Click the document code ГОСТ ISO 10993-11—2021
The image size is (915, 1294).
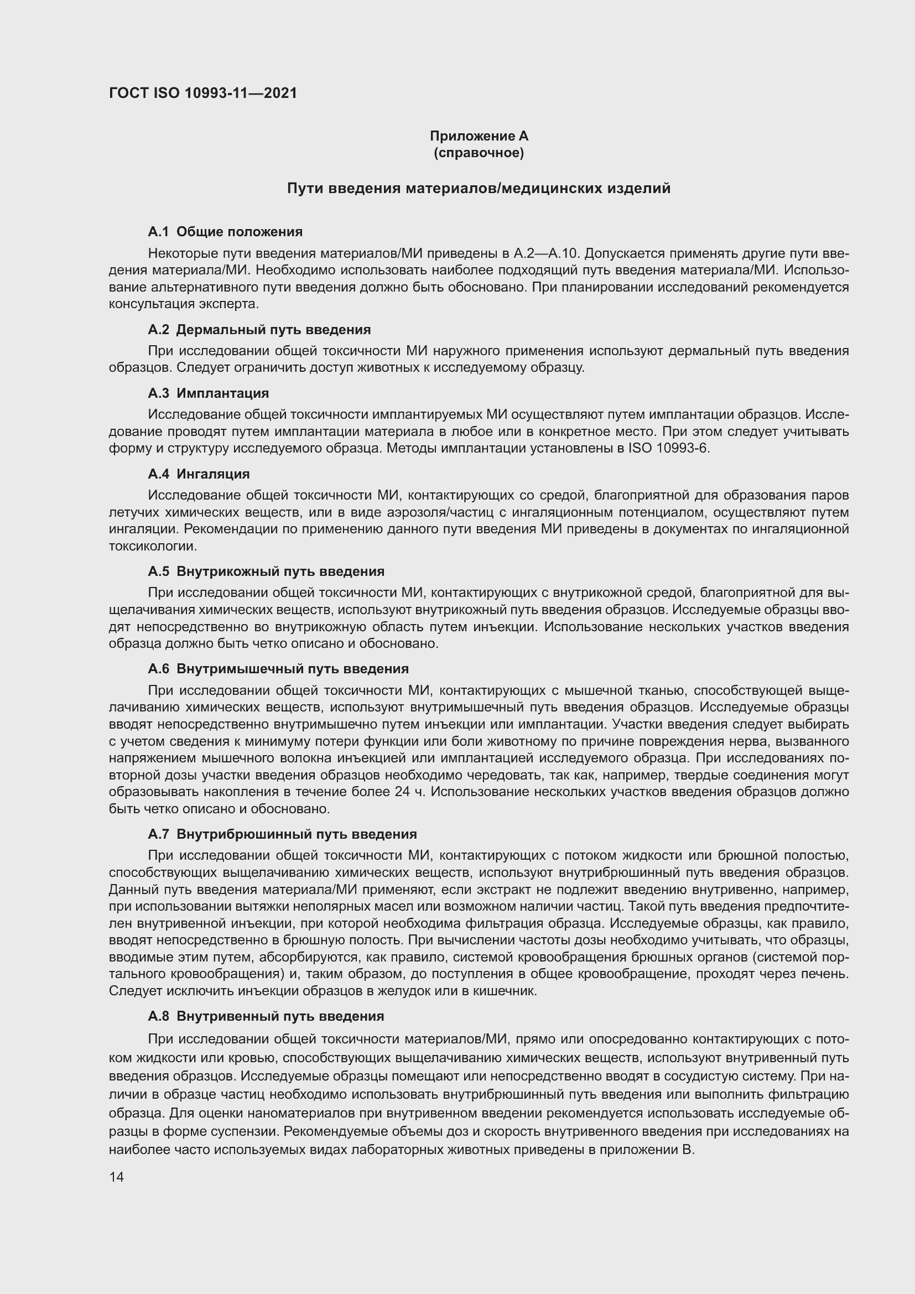[203, 93]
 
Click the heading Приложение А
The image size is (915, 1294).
[479, 136]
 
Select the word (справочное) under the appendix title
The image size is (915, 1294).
[479, 153]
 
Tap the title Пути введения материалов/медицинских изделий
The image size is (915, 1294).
[479, 188]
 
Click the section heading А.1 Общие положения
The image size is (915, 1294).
[225, 232]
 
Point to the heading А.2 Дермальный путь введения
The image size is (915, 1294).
[259, 330]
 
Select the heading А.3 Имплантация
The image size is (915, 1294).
[209, 393]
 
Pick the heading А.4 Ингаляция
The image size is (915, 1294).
[199, 474]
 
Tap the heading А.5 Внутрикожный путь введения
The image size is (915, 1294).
[266, 571]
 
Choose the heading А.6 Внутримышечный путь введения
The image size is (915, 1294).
[278, 669]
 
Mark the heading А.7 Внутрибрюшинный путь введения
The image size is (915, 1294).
[282, 834]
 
